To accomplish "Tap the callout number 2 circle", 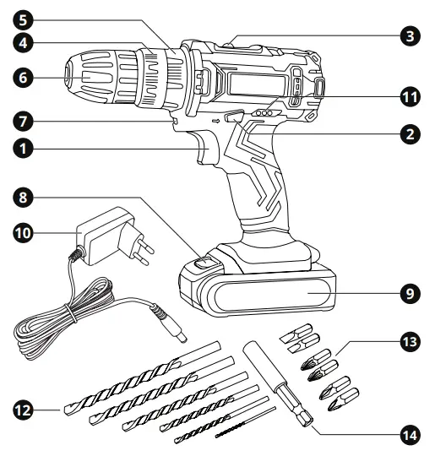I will (x=410, y=133).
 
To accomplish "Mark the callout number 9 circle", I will (x=410, y=294).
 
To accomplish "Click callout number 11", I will (x=410, y=97).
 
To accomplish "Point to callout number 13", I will (x=410, y=343).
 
